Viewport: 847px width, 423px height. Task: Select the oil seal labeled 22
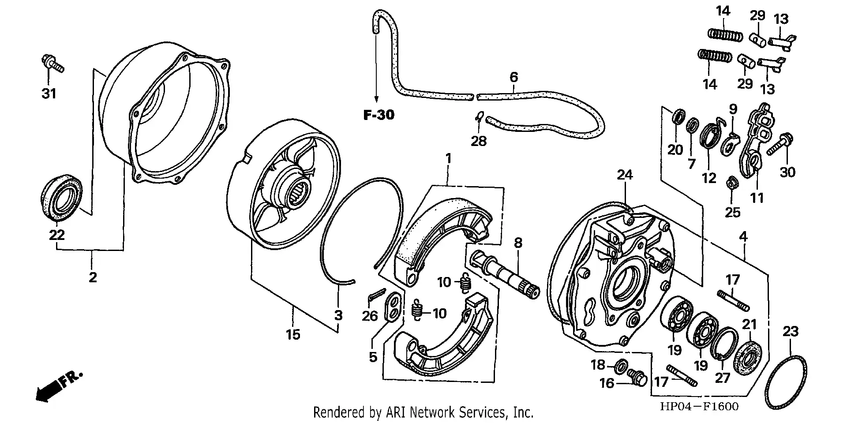point(62,198)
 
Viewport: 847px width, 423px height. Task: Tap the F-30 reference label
point(379,115)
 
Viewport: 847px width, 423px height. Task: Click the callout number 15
point(292,334)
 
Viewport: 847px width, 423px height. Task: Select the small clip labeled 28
point(479,117)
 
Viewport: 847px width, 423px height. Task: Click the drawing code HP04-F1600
point(699,406)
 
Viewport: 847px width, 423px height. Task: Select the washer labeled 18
point(622,365)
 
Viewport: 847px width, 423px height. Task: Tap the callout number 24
point(625,175)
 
